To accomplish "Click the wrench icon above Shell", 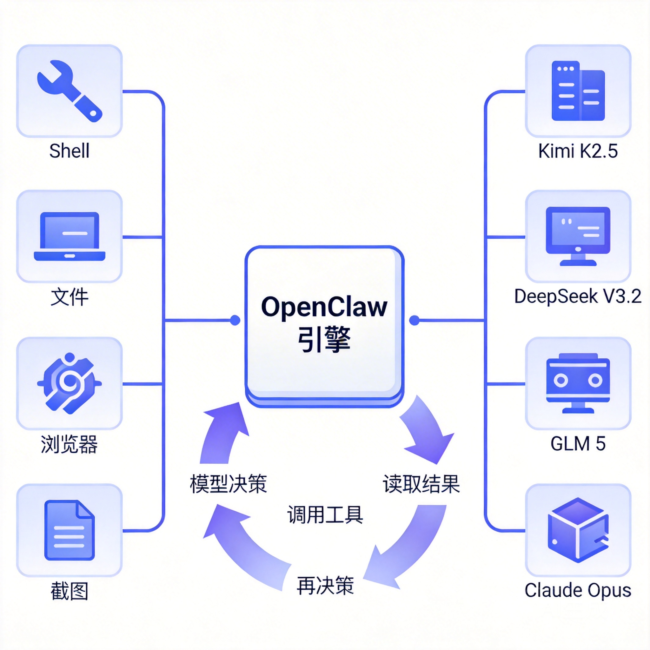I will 69,91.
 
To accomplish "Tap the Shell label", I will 69,151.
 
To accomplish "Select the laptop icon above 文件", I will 69,236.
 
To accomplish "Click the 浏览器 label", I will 69,444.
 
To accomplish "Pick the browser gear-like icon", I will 69,383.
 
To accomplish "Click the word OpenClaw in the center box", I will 324,307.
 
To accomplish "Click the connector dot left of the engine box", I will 235,320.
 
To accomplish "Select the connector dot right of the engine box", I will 415,320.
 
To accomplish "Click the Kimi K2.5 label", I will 578,151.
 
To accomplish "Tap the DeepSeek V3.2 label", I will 578,296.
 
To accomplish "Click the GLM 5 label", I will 578,443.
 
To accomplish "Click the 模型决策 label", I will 229,484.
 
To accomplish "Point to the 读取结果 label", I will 421,484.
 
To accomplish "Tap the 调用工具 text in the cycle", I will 325,514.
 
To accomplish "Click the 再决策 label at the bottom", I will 325,585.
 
